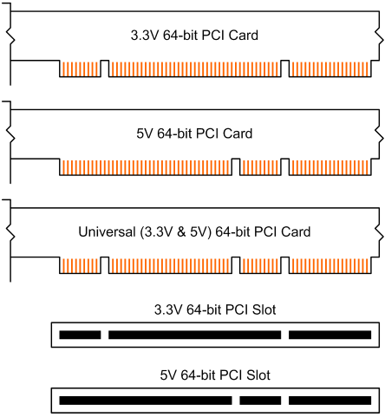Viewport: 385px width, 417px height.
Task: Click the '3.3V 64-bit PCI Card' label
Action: click(x=194, y=36)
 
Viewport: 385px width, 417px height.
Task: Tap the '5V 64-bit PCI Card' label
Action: click(x=194, y=134)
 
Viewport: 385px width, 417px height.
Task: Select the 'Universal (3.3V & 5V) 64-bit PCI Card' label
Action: click(x=194, y=231)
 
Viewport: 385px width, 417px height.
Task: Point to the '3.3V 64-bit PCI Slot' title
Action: click(x=215, y=309)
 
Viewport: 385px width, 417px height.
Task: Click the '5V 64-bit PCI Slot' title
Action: click(x=215, y=375)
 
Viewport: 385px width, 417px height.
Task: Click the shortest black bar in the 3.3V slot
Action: click(x=80, y=335)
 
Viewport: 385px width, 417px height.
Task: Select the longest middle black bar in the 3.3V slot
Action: click(x=194, y=335)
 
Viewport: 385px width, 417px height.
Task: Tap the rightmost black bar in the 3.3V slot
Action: click(x=330, y=335)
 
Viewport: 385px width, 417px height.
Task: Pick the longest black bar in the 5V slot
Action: click(x=146, y=401)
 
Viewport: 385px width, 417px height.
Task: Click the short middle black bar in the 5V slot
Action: click(x=260, y=401)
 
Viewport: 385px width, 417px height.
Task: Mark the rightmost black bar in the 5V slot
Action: click(x=330, y=401)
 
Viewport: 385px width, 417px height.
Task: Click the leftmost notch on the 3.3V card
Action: click(x=105, y=68)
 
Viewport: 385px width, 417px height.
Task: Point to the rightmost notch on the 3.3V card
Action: click(x=285, y=68)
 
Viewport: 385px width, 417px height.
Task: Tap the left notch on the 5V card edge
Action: click(x=236, y=166)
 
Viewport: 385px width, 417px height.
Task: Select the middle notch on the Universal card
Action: click(x=236, y=265)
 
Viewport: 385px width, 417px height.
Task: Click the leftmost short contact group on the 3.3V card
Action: click(x=80, y=69)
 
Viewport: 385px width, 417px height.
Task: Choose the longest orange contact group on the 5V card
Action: click(x=146, y=167)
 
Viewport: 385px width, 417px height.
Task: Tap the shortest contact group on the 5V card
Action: click(x=260, y=167)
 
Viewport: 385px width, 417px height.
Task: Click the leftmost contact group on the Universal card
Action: click(x=80, y=265)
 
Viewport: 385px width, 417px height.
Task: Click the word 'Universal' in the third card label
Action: click(x=107, y=231)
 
